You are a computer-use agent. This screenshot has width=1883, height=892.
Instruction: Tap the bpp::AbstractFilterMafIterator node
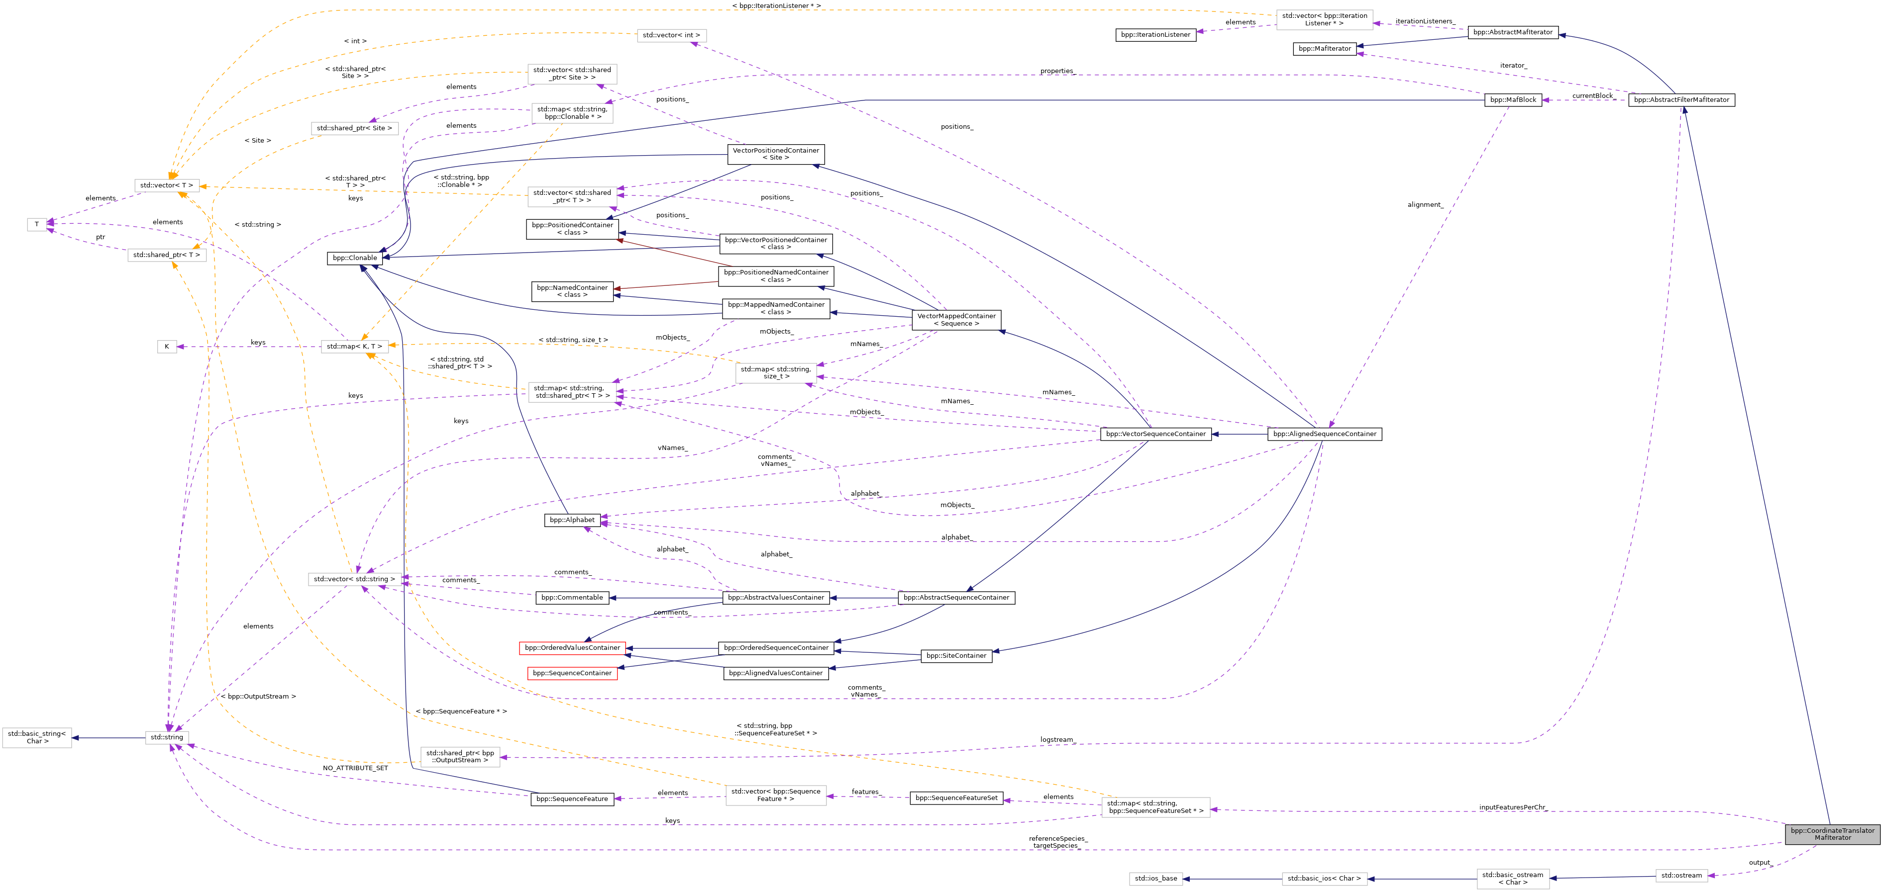coord(1681,100)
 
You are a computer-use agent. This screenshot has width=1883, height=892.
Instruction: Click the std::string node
coord(167,737)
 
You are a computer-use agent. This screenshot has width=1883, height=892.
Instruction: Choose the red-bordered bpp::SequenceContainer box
coord(572,673)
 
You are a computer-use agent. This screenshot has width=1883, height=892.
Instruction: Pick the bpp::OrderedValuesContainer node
coord(572,648)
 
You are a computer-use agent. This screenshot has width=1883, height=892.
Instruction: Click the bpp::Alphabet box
coord(572,520)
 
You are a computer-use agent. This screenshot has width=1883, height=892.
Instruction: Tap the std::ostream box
coord(1681,875)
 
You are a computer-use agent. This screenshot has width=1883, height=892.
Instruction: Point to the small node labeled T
coord(36,224)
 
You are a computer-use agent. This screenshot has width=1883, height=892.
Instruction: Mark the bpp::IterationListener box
coord(1155,35)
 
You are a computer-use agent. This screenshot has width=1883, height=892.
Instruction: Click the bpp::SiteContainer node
coord(955,656)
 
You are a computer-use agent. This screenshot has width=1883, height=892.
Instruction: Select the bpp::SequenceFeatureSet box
coord(955,798)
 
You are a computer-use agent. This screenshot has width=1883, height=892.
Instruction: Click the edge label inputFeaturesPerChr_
coord(1512,807)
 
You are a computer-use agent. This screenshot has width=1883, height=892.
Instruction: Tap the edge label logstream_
coord(1057,740)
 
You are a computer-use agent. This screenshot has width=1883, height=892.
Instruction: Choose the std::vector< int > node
coord(671,35)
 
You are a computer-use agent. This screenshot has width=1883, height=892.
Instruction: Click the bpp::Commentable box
coord(572,598)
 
